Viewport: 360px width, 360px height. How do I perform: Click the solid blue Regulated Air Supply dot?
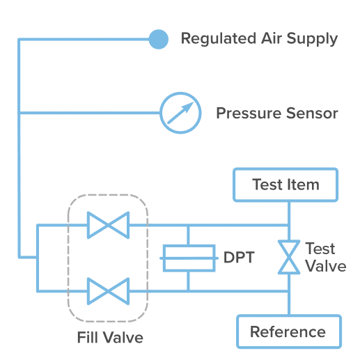point(159,39)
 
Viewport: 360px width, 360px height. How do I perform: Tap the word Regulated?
point(219,39)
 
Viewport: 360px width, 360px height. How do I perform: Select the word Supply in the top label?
point(312,39)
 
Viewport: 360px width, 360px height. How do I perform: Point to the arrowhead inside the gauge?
point(189,107)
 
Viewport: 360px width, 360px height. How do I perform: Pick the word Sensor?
point(312,114)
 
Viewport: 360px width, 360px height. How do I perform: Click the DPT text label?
point(239,258)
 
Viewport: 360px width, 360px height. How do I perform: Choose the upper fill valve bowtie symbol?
point(108,225)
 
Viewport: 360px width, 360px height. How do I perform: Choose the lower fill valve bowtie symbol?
point(108,291)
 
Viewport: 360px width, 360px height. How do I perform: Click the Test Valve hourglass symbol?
point(289,257)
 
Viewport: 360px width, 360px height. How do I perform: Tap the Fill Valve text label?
point(110,337)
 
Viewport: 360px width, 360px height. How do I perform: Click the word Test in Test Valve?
point(320,249)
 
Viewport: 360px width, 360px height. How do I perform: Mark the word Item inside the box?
point(303,185)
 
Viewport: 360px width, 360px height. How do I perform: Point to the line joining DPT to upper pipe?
point(188,235)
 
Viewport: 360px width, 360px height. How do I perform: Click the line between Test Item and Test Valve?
point(289,221)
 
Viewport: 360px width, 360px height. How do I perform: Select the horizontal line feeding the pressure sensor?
point(89,113)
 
